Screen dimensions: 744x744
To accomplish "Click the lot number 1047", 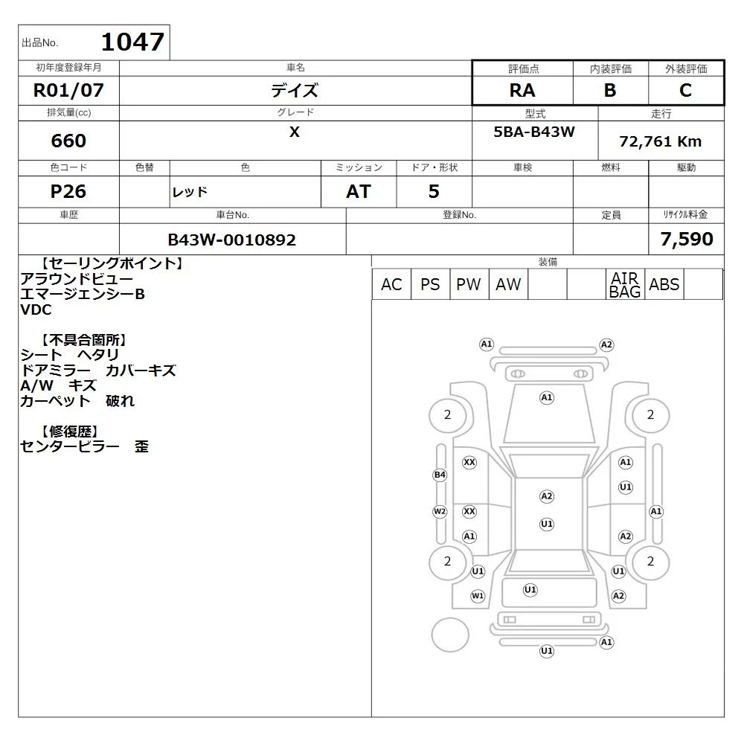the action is click(x=133, y=42).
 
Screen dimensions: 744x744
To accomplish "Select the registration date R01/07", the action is click(x=68, y=90).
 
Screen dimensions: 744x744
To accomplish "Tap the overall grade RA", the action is click(x=522, y=90).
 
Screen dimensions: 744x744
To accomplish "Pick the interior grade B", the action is click(x=610, y=90).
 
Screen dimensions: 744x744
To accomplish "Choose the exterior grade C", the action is click(x=685, y=90).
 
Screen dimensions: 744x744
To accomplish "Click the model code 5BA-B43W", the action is click(x=534, y=132).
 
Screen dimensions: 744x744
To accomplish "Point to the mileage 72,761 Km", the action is click(x=660, y=141).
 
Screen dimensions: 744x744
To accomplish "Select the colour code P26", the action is click(x=68, y=191).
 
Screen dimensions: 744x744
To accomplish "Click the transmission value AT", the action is click(x=359, y=191).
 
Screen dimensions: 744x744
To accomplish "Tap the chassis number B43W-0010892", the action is click(x=232, y=240).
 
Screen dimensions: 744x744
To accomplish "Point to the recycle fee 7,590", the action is click(x=687, y=239).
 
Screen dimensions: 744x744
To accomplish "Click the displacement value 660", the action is click(x=68, y=141).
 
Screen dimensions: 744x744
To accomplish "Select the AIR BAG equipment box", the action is click(x=625, y=284).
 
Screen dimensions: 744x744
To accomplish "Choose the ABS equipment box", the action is click(x=664, y=284).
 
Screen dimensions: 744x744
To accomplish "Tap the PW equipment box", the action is click(x=469, y=284).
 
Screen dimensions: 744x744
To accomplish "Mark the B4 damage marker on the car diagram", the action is click(x=440, y=475).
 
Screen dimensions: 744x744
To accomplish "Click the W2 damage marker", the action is click(x=440, y=512).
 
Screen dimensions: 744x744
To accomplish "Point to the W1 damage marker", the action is click(x=478, y=596).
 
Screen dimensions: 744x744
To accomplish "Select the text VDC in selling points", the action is click(x=36, y=310).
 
